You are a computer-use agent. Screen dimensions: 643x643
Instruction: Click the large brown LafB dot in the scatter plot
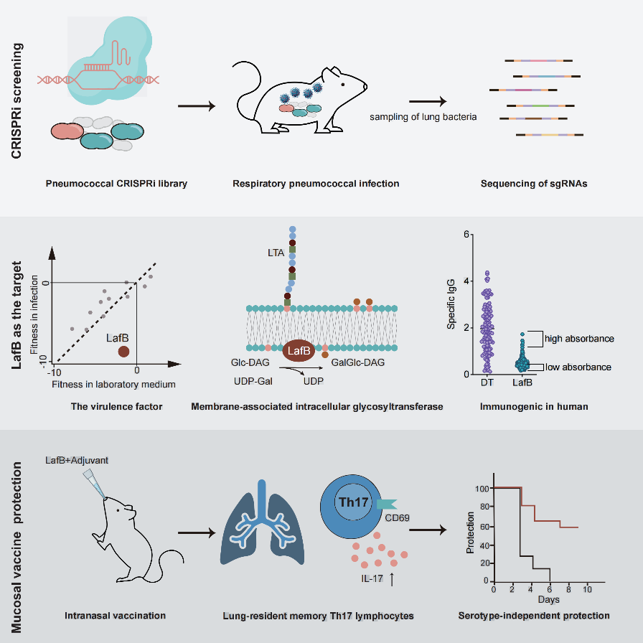123,351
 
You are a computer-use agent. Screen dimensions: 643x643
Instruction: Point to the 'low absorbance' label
578,367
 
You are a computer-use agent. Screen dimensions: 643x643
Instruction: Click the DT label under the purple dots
487,382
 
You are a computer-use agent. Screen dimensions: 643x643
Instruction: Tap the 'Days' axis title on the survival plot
549,599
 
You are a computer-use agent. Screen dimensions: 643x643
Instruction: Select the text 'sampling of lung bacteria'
423,116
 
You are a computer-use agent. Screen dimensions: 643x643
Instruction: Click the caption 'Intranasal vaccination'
116,615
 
